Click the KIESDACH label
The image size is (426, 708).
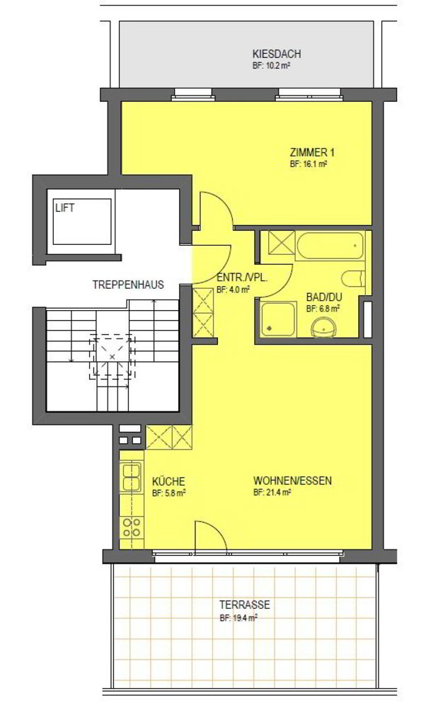pos(277,55)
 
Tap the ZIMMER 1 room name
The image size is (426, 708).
pos(312,152)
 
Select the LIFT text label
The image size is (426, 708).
pos(65,208)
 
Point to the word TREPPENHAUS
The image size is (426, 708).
pos(128,285)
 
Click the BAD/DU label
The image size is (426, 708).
pos(324,298)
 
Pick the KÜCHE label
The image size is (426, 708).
pos(168,481)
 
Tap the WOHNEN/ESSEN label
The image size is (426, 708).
pos(292,481)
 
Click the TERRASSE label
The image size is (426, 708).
pos(245,605)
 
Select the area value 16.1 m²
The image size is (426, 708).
pos(309,164)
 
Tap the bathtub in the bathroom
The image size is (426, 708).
pos(330,246)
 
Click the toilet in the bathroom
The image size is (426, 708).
pos(352,278)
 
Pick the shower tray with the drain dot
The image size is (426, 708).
pos(278,319)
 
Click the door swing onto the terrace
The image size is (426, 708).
pos(210,536)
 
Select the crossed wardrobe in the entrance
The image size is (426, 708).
pos(202,312)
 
